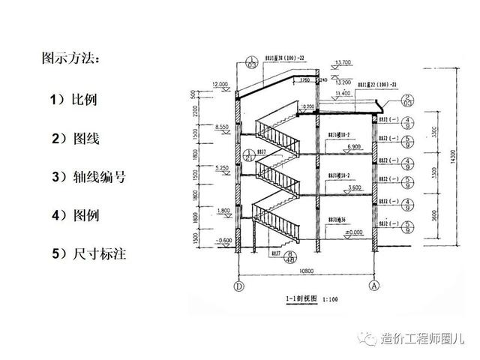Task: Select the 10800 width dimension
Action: point(306,270)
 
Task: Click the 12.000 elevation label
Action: point(220,85)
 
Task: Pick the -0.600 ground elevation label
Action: point(222,240)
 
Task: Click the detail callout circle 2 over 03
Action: point(407,100)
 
